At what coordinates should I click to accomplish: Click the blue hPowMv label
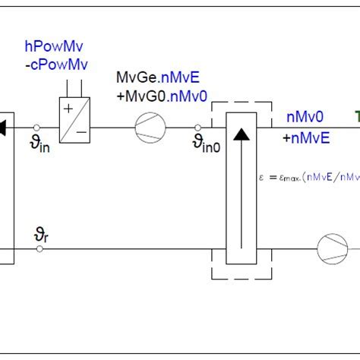click(x=55, y=49)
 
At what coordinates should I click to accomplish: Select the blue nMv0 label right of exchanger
click(x=305, y=117)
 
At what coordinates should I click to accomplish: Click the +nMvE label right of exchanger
click(x=305, y=137)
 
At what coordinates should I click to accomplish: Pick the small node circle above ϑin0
click(x=199, y=128)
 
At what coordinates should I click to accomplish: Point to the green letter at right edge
click(x=355, y=117)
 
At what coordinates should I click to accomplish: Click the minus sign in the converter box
click(x=81, y=134)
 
